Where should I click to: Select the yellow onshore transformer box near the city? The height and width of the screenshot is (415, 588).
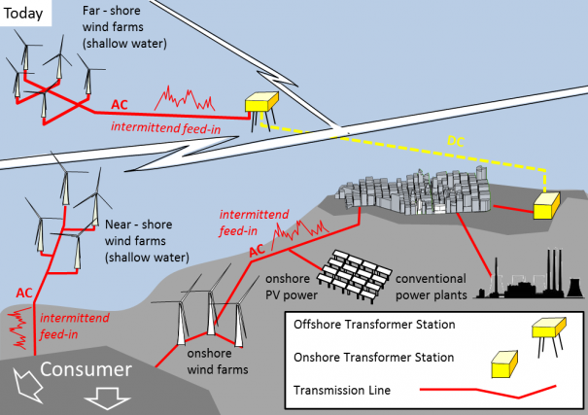point(545,204)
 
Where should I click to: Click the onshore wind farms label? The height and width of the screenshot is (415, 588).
point(218,363)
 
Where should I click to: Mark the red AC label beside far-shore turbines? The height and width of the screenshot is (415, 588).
point(121,103)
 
